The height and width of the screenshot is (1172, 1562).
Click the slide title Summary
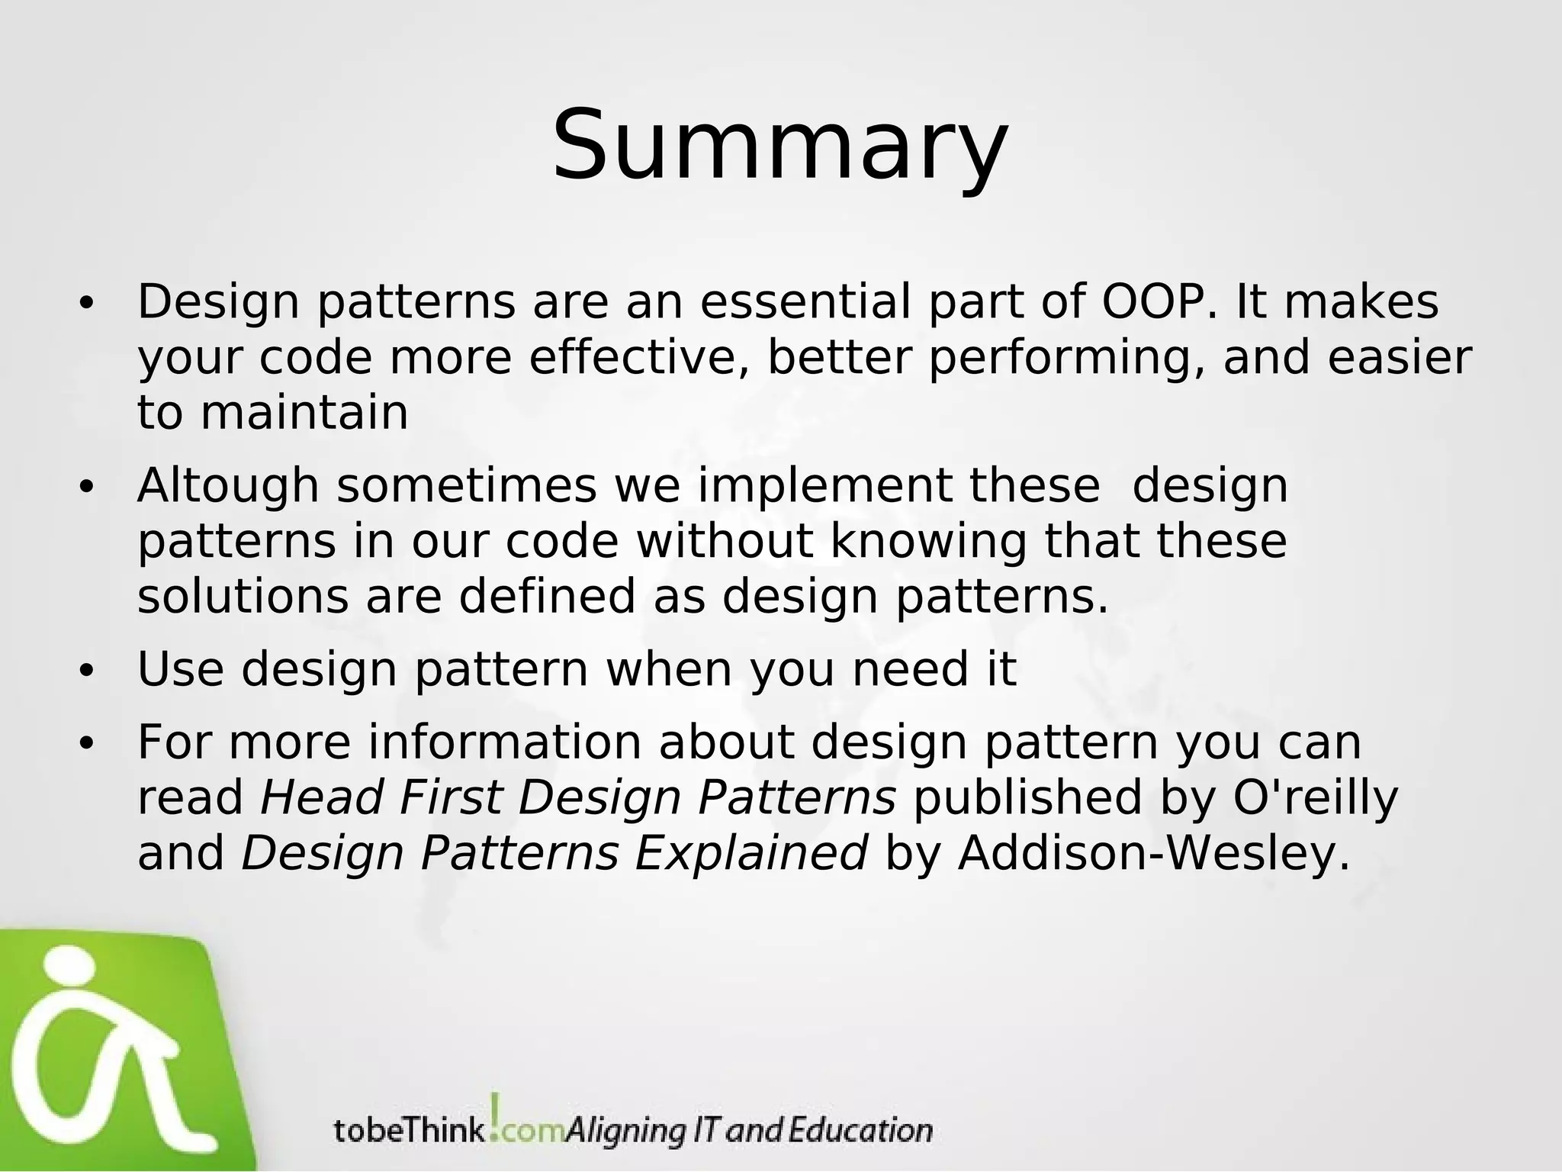point(780,146)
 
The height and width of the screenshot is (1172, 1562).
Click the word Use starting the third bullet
point(181,669)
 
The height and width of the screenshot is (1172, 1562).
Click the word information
point(505,742)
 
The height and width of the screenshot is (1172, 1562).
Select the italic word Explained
point(751,853)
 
